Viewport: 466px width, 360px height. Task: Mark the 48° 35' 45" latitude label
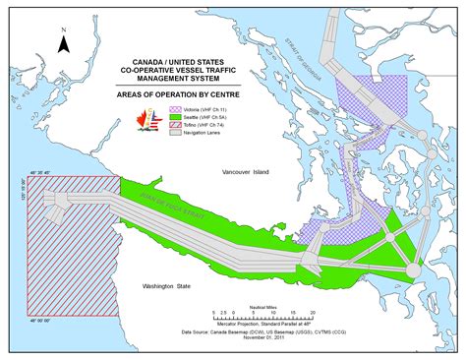tap(38, 173)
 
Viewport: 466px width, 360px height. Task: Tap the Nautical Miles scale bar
tap(262, 319)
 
